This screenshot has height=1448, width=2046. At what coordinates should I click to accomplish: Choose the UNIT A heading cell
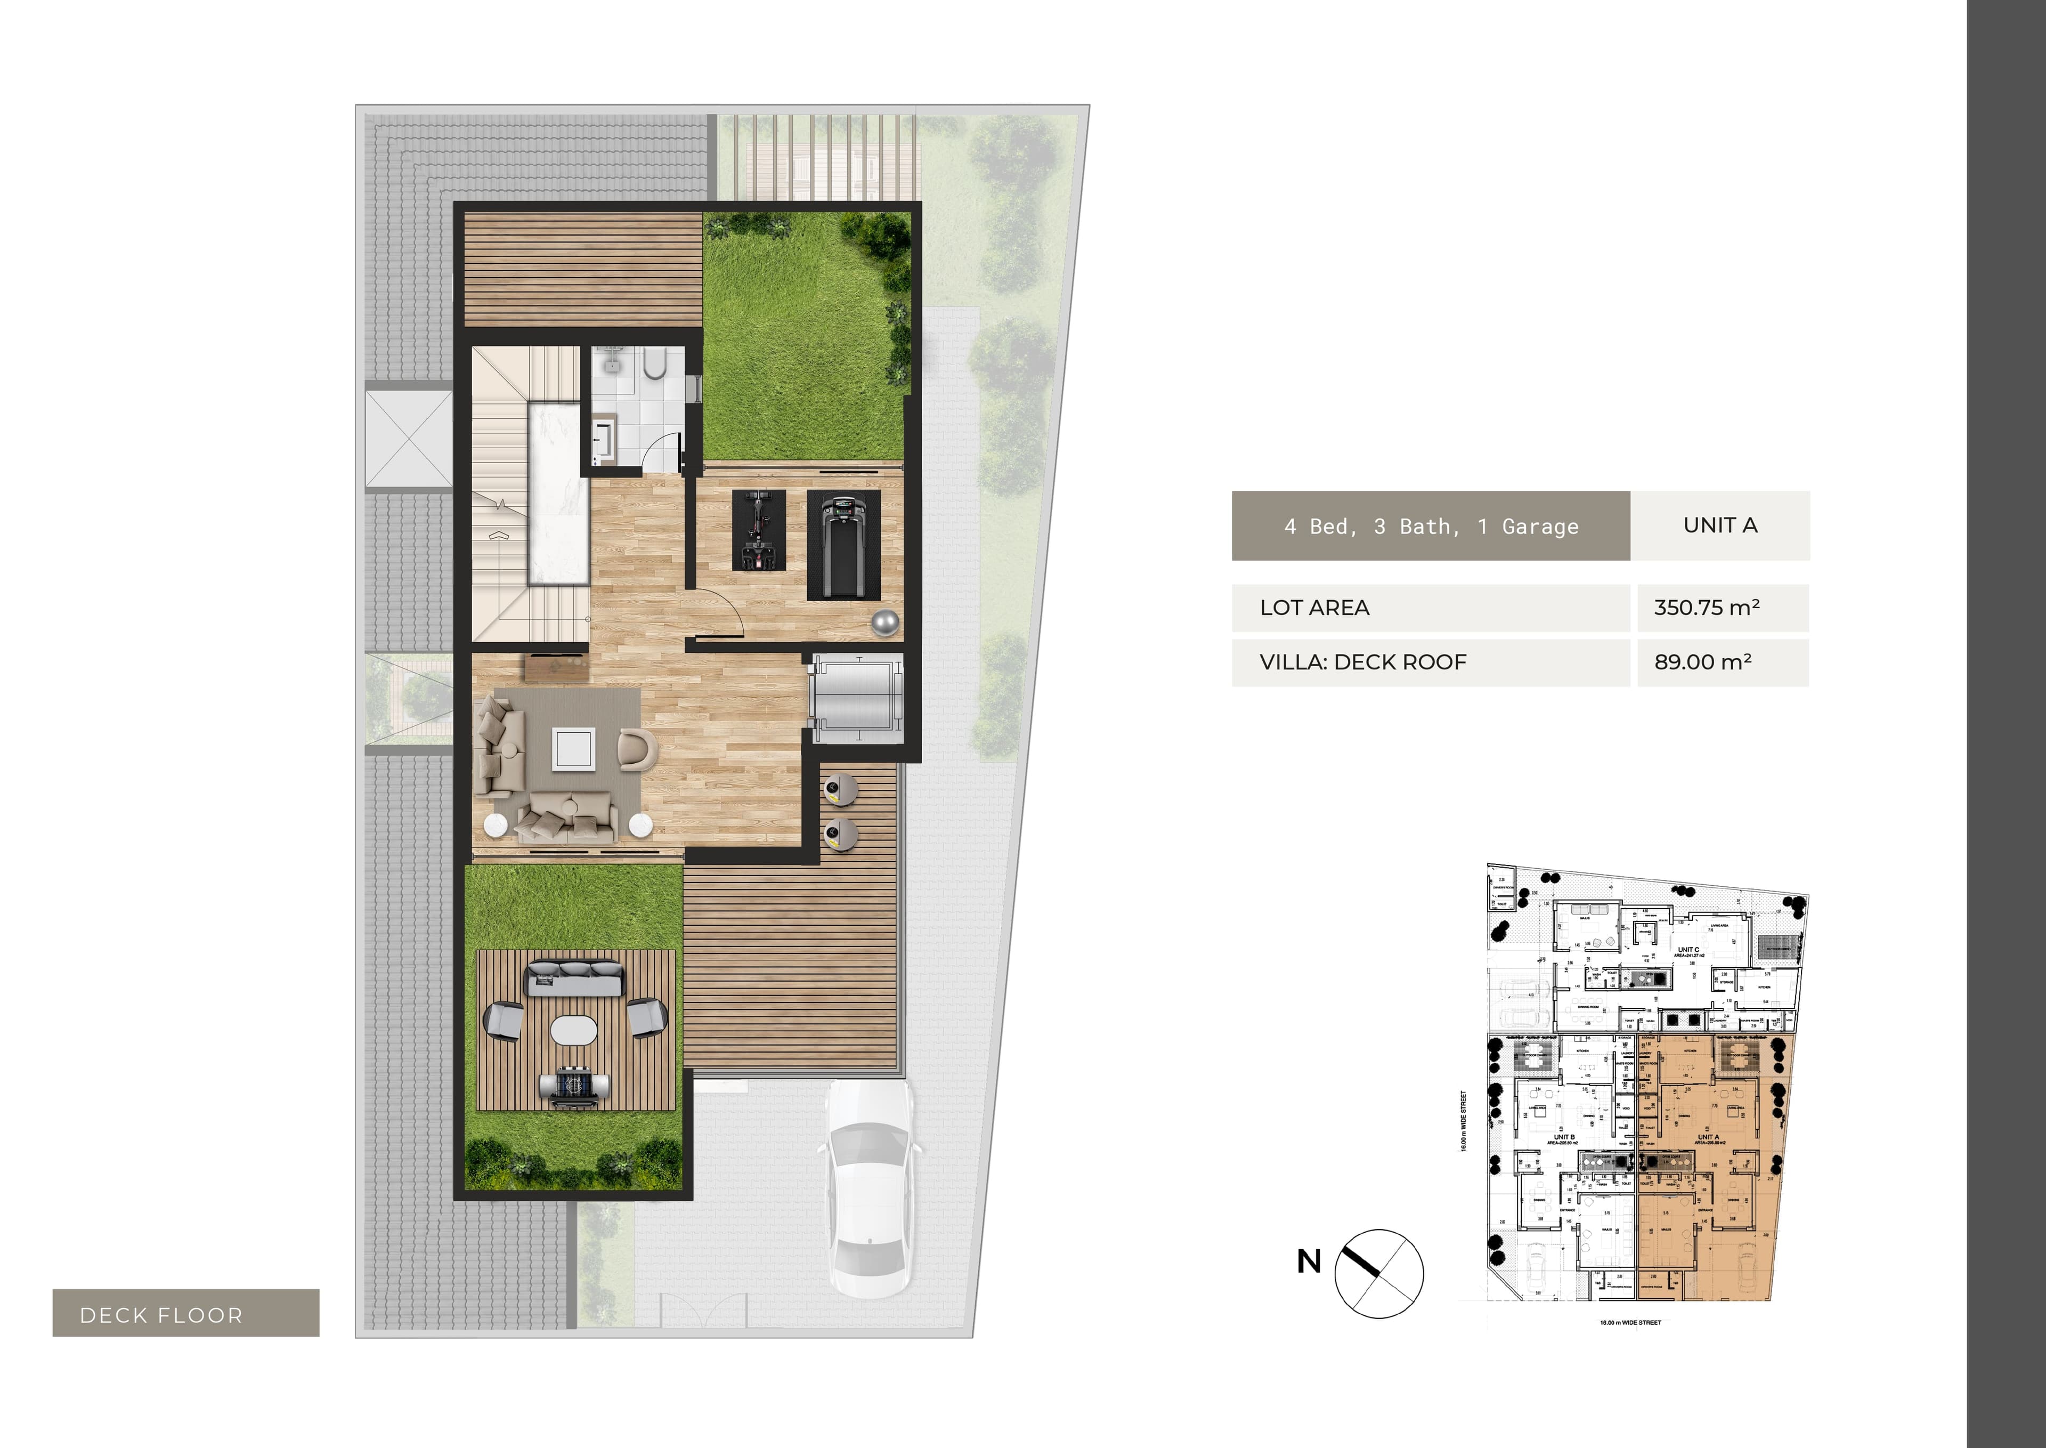pyautogui.click(x=1720, y=525)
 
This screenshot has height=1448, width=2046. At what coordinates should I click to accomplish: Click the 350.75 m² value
pyautogui.click(x=1707, y=608)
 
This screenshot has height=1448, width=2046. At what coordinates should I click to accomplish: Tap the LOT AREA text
pyautogui.click(x=1314, y=608)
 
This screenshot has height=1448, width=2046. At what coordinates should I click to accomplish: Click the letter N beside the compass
pyautogui.click(x=1308, y=1261)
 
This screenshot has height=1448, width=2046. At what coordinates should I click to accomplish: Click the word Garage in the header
pyautogui.click(x=1540, y=527)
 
